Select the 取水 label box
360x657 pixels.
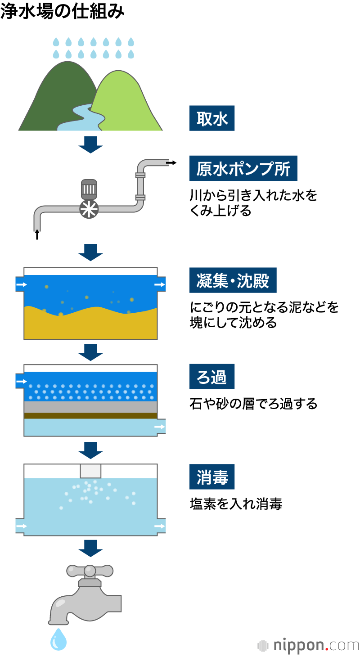(x=212, y=118)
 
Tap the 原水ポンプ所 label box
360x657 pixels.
(x=243, y=168)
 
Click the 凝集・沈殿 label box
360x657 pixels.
(x=233, y=280)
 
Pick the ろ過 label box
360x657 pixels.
(x=211, y=377)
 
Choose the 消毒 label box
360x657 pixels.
(x=212, y=477)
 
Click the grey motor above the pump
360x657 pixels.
(x=89, y=189)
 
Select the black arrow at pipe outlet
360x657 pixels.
(x=171, y=162)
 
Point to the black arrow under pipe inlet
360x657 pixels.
(x=37, y=234)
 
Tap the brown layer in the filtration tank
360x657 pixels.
(x=90, y=416)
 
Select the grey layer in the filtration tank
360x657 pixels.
(x=90, y=407)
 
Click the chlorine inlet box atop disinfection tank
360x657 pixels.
(x=90, y=471)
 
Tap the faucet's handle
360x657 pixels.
(x=90, y=571)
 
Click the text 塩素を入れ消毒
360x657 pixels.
(x=236, y=504)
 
